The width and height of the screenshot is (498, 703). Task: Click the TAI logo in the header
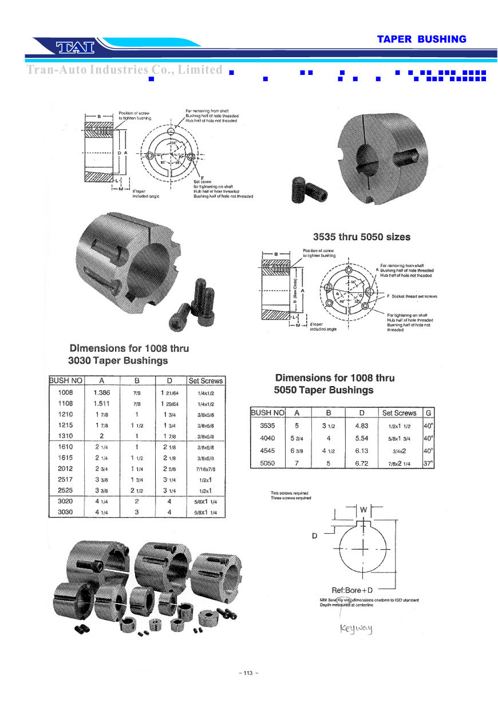[x=75, y=46]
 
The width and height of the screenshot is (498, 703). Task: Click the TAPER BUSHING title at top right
[x=421, y=39]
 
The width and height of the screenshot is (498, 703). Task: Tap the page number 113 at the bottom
[x=248, y=673]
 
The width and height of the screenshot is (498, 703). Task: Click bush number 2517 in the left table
[x=66, y=479]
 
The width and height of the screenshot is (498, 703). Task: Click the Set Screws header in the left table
[x=205, y=380]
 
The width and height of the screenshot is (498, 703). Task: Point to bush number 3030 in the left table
[x=66, y=512]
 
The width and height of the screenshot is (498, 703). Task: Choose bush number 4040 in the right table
[x=267, y=438]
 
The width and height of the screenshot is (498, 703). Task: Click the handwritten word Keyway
[x=356, y=629]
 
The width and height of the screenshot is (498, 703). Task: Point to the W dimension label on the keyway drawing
[x=363, y=509]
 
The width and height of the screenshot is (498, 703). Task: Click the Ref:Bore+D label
[x=353, y=590]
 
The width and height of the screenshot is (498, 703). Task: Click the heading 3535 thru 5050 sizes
[x=361, y=236]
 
